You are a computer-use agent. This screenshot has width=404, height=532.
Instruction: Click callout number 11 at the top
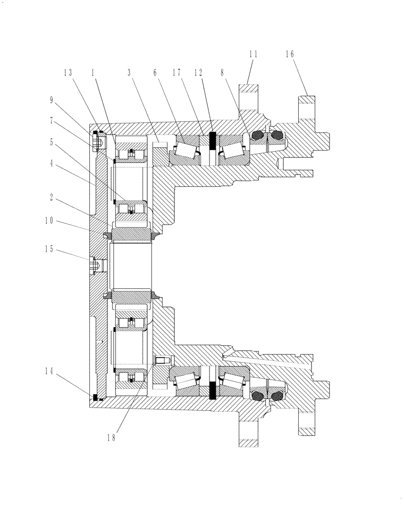(253, 54)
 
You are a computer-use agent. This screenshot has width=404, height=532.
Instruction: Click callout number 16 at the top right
(289, 54)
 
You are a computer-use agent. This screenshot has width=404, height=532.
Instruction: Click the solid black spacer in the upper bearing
(212, 141)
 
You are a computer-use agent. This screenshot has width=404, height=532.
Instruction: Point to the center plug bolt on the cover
(95, 263)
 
